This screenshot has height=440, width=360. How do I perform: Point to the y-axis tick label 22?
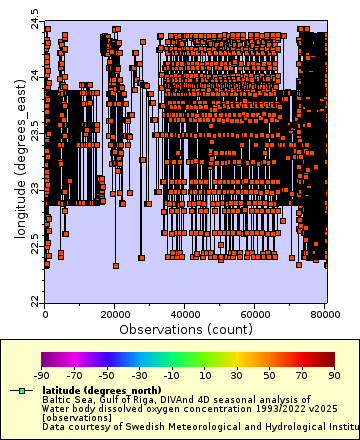pos(35,301)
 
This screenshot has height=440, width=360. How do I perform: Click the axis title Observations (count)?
pos(186,328)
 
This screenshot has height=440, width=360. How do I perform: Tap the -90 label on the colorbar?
pos(42,375)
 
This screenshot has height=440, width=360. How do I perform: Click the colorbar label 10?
pos(205,375)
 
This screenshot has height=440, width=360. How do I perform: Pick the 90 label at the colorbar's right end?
pos(335,375)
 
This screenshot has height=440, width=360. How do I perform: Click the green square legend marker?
pos(20,390)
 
